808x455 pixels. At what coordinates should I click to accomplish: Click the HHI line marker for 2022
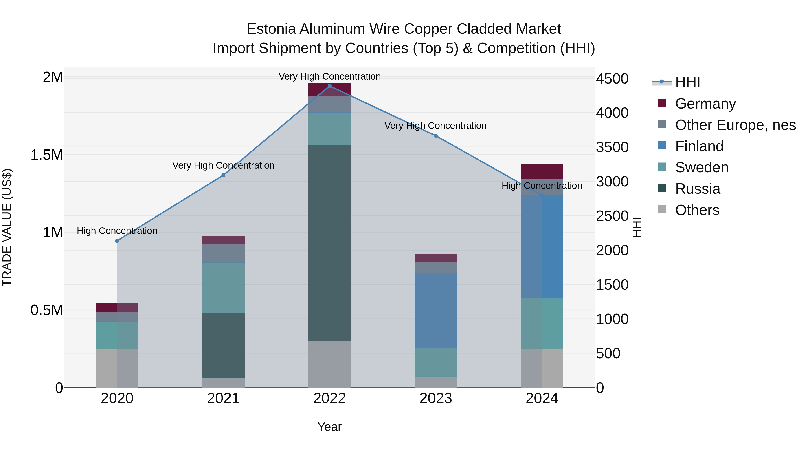coord(329,86)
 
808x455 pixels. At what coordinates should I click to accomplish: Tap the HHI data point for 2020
coord(117,241)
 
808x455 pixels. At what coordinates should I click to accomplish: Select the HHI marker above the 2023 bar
coord(436,136)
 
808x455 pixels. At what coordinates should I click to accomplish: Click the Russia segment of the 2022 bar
coord(329,243)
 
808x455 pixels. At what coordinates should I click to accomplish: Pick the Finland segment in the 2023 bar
coord(436,311)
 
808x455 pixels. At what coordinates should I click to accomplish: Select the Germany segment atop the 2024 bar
coord(542,171)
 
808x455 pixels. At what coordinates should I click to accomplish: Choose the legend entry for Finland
coord(699,146)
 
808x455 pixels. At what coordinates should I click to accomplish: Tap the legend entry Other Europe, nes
coord(735,125)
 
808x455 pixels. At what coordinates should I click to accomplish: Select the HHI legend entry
coord(687,82)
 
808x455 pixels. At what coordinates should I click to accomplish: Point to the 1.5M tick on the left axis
coord(47,155)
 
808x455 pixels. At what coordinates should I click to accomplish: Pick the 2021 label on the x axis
coord(223,398)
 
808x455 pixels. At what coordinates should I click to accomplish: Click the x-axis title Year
coord(329,427)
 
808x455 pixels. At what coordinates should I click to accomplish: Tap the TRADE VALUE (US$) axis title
coord(7,227)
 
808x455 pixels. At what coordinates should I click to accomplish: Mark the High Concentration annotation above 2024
coord(542,186)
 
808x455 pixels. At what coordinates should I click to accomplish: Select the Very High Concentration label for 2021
coord(223,165)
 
